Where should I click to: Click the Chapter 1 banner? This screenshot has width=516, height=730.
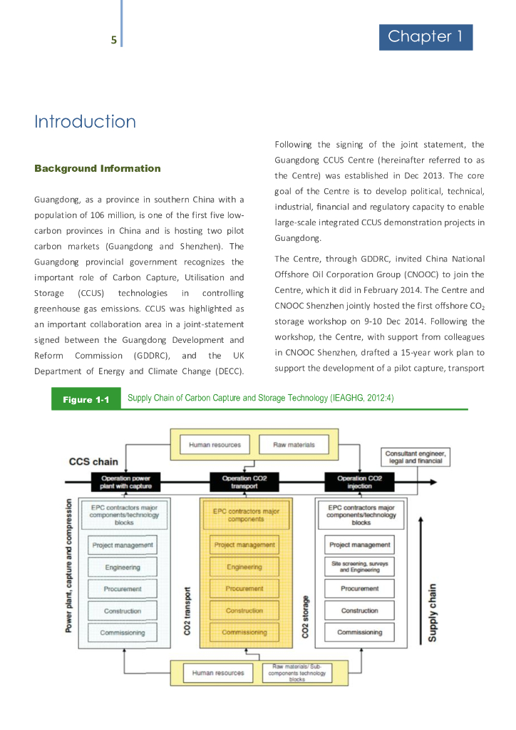[x=425, y=37]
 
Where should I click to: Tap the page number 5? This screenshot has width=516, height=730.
[x=113, y=40]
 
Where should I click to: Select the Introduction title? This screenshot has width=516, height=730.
[x=85, y=122]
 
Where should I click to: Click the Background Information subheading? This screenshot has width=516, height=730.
[x=98, y=169]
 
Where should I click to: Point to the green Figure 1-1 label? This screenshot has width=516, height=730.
[x=86, y=400]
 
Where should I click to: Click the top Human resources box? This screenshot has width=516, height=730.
[x=215, y=445]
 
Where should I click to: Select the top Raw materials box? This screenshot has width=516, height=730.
[x=294, y=445]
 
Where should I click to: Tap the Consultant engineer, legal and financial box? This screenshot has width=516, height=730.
[x=415, y=457]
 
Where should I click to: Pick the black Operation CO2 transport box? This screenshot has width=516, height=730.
[x=244, y=481]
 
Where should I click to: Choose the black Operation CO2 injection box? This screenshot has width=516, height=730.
[x=361, y=481]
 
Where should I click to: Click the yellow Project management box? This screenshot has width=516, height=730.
[x=244, y=545]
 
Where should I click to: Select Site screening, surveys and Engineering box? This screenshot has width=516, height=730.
[x=360, y=567]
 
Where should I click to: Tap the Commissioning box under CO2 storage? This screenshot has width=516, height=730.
[x=360, y=632]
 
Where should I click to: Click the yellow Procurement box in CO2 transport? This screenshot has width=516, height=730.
[x=244, y=589]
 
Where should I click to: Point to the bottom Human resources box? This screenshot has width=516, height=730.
[x=218, y=673]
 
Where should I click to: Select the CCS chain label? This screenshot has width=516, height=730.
[x=93, y=462]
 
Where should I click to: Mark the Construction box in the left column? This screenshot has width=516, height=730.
[x=123, y=611]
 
